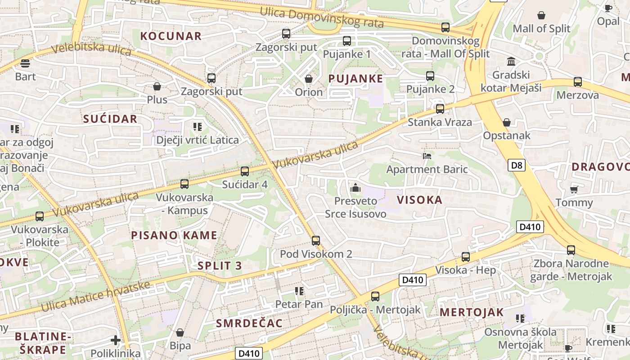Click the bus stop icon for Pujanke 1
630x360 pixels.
point(347,41)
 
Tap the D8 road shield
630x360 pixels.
point(517,165)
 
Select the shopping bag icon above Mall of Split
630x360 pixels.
point(541,15)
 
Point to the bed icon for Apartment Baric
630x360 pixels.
point(427,156)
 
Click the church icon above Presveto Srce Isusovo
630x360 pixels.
point(355,188)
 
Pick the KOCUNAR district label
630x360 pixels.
point(171,36)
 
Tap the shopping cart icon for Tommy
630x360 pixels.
point(574,189)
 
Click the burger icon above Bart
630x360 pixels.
point(25,63)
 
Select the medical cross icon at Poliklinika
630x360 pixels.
point(116,340)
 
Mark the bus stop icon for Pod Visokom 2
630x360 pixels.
point(316,241)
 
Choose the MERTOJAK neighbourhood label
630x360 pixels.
point(471,312)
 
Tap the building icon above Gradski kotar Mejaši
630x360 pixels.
point(511,61)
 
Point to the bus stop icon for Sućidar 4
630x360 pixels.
point(245,171)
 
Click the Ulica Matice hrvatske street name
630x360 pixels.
point(95,297)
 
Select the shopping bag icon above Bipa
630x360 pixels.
point(180,333)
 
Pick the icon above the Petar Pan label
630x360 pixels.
point(299,291)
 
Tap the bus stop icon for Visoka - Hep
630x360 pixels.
point(466,257)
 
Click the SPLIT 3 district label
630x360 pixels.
point(220,265)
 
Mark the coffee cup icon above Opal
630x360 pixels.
point(608,8)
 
